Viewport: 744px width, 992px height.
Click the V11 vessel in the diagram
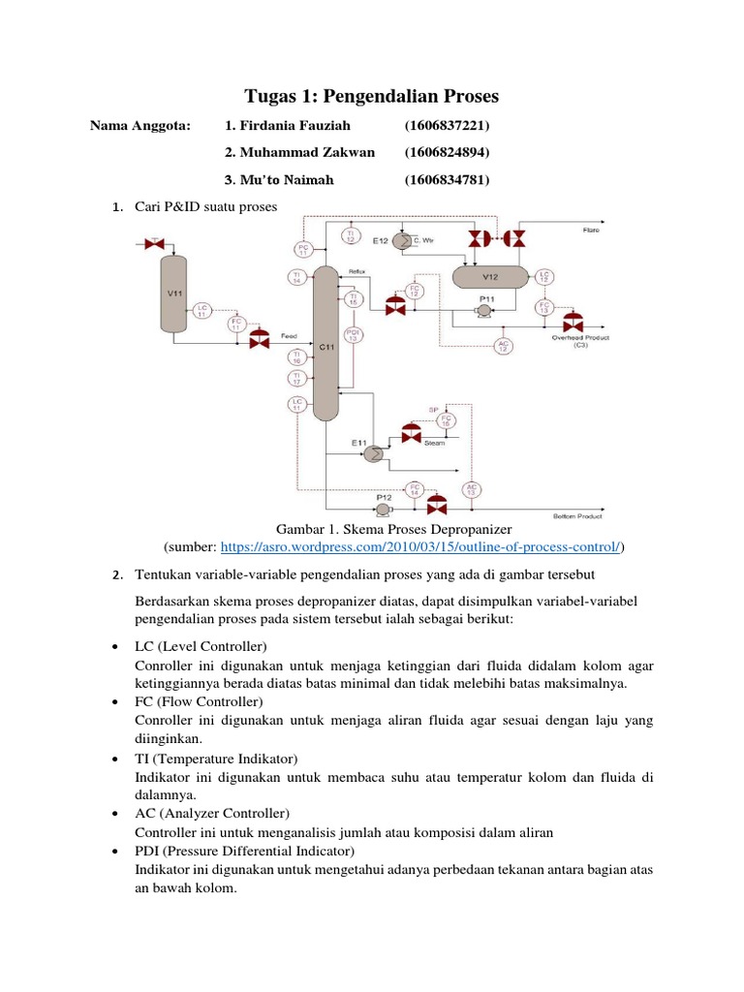pyautogui.click(x=174, y=294)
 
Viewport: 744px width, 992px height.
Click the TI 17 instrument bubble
pyautogui.click(x=296, y=378)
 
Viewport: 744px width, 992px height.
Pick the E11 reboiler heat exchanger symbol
pyautogui.click(x=372, y=452)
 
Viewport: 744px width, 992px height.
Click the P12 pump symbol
pyautogui.click(x=384, y=509)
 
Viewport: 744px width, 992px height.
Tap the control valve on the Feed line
pyautogui.click(x=259, y=340)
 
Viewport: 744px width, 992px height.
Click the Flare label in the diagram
pyautogui.click(x=590, y=230)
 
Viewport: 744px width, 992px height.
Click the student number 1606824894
pyautogui.click(x=447, y=152)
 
